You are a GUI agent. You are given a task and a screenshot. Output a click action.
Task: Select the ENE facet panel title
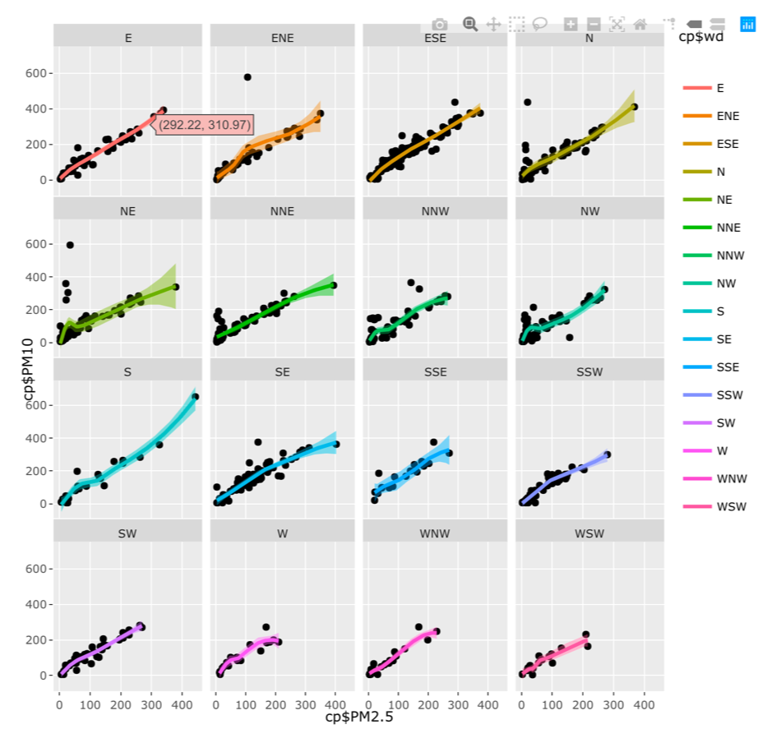click(282, 38)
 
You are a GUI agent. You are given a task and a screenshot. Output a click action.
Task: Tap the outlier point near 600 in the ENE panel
click(247, 77)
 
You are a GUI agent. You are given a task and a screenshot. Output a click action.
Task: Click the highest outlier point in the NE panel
click(70, 245)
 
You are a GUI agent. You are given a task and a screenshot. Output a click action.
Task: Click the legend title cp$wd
click(700, 37)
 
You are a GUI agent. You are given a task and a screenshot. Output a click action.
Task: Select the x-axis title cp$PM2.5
click(359, 717)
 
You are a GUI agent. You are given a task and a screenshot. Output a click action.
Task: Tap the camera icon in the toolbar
click(440, 25)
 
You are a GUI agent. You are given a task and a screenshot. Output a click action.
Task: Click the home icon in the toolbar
click(640, 25)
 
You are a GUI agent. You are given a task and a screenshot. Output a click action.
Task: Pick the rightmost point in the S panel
click(195, 397)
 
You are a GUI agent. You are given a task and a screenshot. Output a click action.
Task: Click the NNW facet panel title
click(435, 210)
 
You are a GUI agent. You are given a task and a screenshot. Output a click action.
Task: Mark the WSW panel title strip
click(589, 533)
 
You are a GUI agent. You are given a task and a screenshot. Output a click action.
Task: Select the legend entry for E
click(720, 88)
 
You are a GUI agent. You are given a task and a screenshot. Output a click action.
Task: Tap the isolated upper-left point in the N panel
click(527, 103)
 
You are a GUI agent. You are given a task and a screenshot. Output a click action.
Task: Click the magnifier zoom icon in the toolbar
click(470, 25)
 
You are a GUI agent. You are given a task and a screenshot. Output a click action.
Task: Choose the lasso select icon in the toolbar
click(540, 25)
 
